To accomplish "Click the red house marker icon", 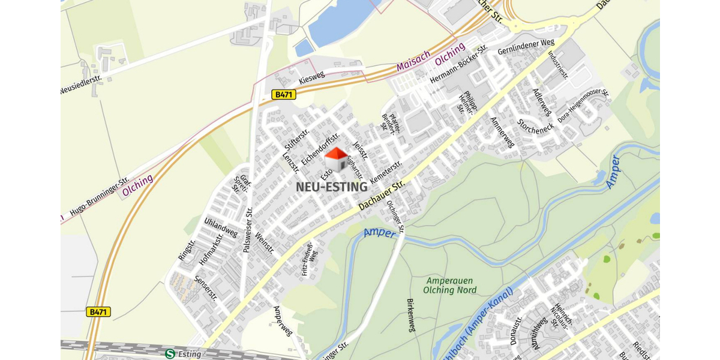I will click(336, 159).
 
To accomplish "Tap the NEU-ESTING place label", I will click(331, 187).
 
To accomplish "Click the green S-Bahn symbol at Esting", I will click(170, 354).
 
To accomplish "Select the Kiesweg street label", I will click(311, 79).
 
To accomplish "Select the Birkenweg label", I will click(411, 314).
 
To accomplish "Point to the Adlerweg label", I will click(542, 102).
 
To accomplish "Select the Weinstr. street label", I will click(264, 243).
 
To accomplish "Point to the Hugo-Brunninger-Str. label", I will click(100, 196).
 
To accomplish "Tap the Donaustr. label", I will click(514, 331).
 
